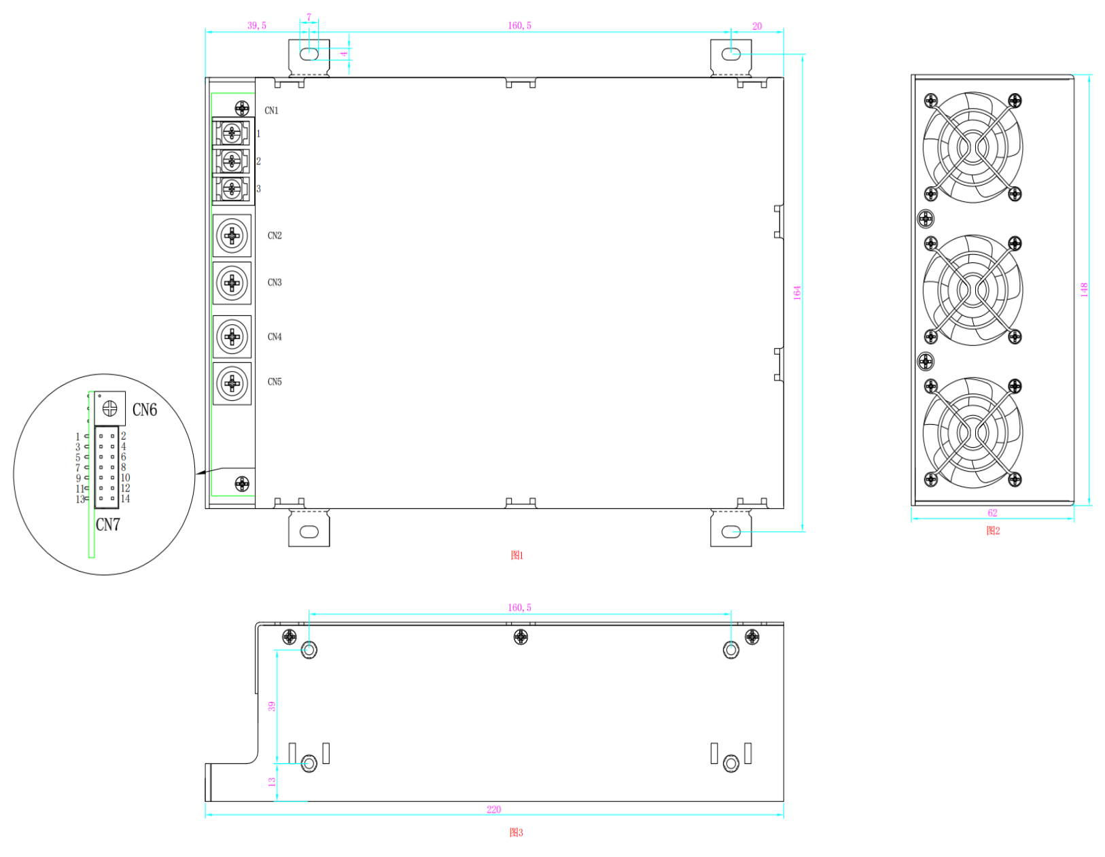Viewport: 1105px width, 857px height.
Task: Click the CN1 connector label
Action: pos(271,110)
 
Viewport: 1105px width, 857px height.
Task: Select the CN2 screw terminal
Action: pos(232,235)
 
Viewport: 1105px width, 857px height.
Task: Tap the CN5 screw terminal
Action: pos(232,383)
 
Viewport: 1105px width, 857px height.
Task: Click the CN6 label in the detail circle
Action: pos(145,410)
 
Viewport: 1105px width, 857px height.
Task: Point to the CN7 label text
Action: pos(108,524)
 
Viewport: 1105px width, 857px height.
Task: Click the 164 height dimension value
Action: pos(797,292)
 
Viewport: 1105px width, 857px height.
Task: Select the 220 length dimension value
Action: pos(493,809)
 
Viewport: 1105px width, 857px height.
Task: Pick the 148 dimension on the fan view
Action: pos(1084,290)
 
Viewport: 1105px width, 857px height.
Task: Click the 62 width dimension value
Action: pos(992,513)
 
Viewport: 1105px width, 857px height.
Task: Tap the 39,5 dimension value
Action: pos(256,25)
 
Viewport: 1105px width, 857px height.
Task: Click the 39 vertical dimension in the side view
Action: pos(272,706)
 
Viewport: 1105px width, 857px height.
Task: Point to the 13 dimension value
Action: pos(272,782)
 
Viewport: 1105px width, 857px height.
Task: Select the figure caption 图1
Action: pos(516,555)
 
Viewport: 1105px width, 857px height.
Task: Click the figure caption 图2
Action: pos(993,531)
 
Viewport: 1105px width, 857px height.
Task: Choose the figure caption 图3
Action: pos(516,832)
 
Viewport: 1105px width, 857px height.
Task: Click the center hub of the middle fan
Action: pos(972,290)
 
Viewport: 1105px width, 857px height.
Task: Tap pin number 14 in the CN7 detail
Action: pos(125,498)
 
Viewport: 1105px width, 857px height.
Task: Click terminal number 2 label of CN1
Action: pos(258,161)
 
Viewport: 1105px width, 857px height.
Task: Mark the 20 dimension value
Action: pos(756,26)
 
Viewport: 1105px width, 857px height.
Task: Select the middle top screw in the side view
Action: pos(520,636)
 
